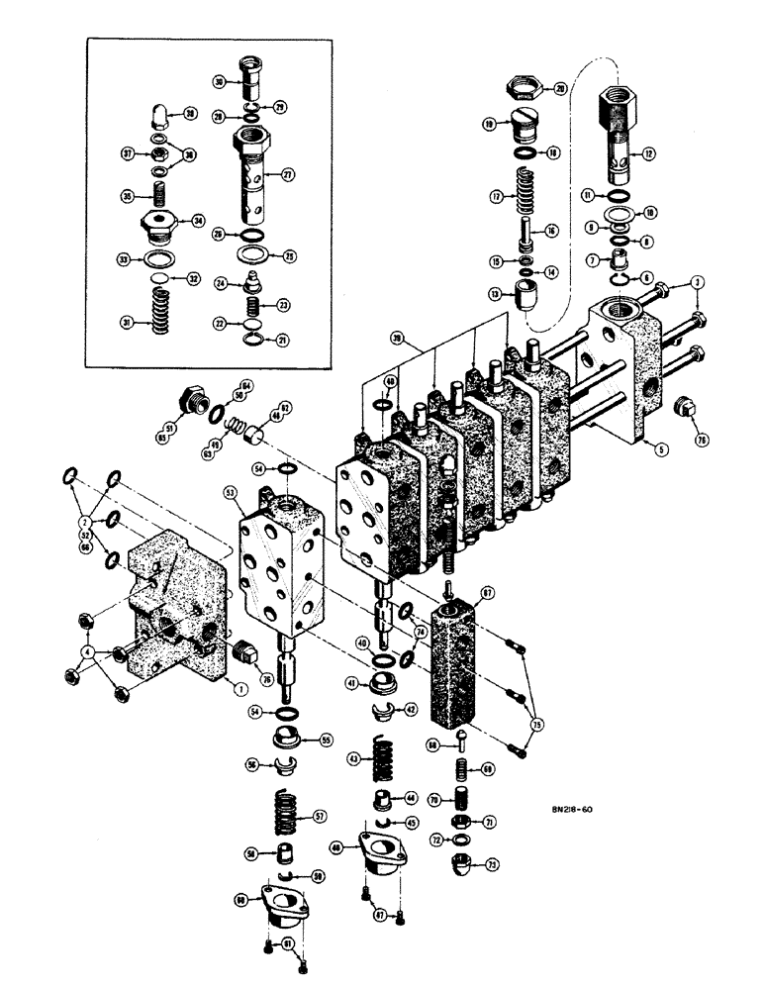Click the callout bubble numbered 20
[560, 89]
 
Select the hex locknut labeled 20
[522, 87]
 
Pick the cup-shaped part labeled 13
[522, 293]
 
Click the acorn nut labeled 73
[462, 867]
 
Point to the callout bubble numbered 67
[487, 593]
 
